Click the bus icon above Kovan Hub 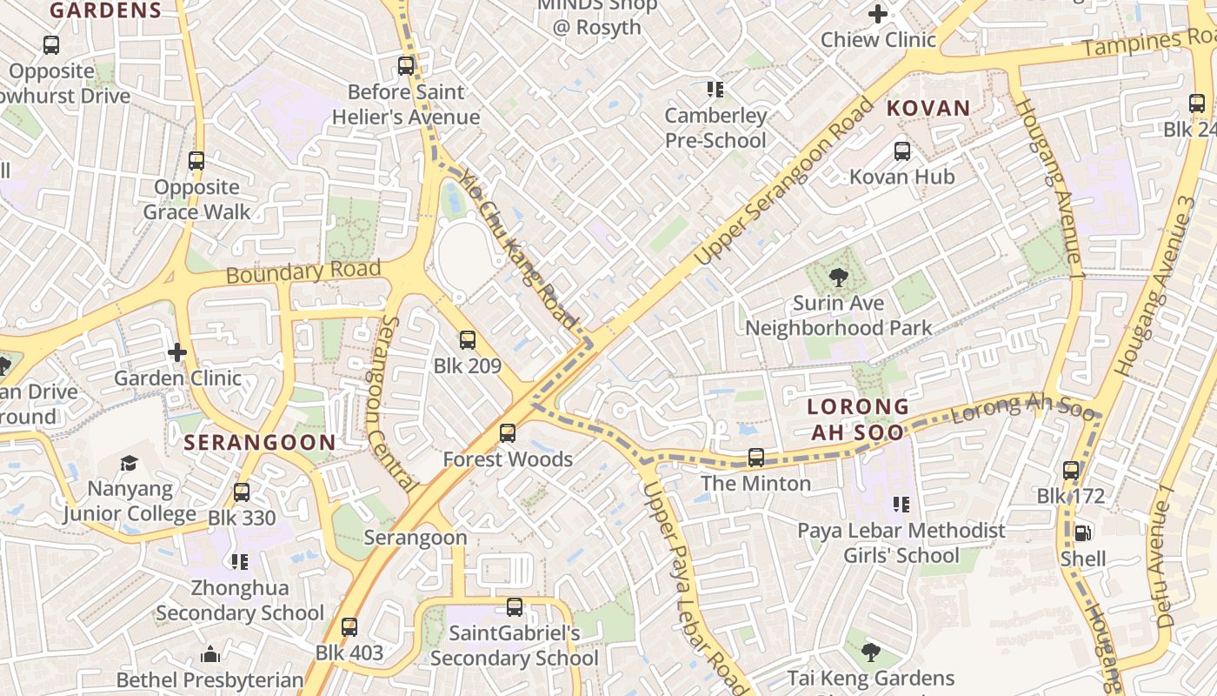pyautogui.click(x=902, y=151)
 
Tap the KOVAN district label pyautogui.click(x=928, y=109)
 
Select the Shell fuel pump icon pyautogui.click(x=1082, y=532)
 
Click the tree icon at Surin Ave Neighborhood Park pyautogui.click(x=839, y=278)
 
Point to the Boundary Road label pyautogui.click(x=303, y=272)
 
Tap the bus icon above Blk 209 pyautogui.click(x=468, y=340)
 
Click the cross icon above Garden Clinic pyautogui.click(x=177, y=352)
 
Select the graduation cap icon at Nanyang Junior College pyautogui.click(x=130, y=463)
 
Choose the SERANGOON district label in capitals pyautogui.click(x=259, y=443)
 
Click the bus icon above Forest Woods pyautogui.click(x=508, y=433)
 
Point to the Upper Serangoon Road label pyautogui.click(x=785, y=183)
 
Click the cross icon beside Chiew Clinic pyautogui.click(x=878, y=14)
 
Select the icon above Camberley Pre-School pyautogui.click(x=715, y=90)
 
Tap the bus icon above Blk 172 pyautogui.click(x=1071, y=471)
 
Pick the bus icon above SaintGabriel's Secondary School pyautogui.click(x=515, y=607)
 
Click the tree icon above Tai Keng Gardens pyautogui.click(x=870, y=652)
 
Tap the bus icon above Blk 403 pyautogui.click(x=349, y=627)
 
